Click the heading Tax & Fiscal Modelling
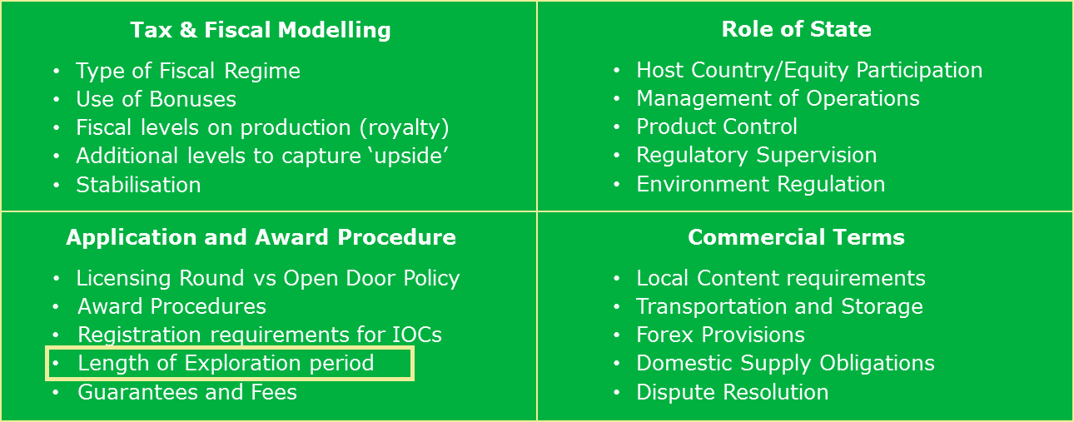[261, 30]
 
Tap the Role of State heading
[797, 29]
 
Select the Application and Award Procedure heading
[261, 237]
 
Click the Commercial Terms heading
[796, 237]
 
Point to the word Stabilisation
[138, 185]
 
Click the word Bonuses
[193, 99]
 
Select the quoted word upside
[408, 156]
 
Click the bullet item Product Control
[717, 127]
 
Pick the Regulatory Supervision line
[757, 156]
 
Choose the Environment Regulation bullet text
[761, 184]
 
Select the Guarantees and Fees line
[187, 392]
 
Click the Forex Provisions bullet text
[720, 335]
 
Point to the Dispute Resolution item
[732, 392]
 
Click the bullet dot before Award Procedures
[56, 307]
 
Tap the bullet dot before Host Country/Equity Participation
[617, 71]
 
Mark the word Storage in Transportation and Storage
[882, 307]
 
